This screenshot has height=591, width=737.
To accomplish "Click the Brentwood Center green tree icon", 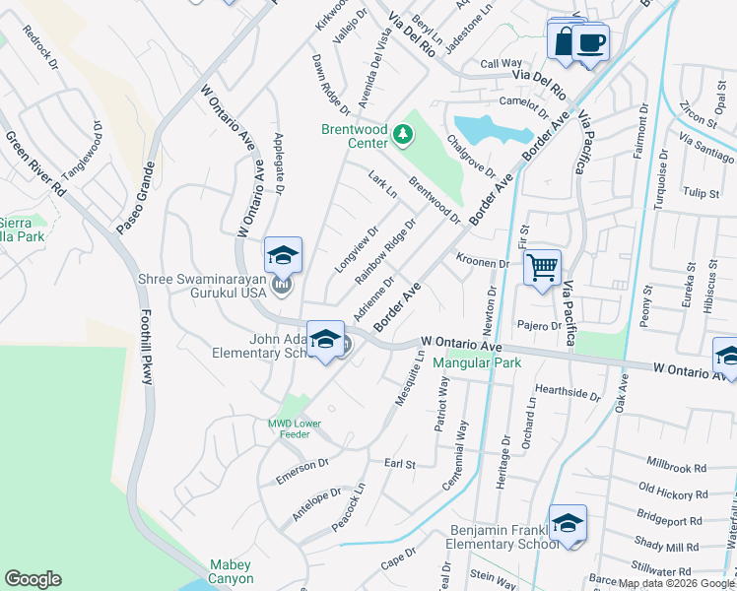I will (x=402, y=133).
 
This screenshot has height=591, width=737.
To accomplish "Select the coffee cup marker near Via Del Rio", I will (x=591, y=43).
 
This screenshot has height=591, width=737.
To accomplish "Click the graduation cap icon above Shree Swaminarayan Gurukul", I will (x=283, y=255).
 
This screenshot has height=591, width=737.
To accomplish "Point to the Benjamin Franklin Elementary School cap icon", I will (x=568, y=523).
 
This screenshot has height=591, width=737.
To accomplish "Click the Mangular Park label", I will (x=477, y=361).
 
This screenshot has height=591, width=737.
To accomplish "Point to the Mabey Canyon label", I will (x=232, y=571).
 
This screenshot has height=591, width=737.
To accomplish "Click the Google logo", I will (x=33, y=579).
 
